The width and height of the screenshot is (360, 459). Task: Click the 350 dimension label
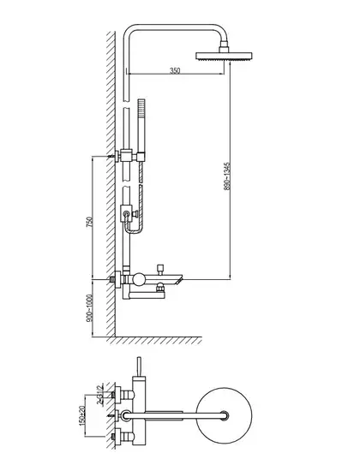[175, 70]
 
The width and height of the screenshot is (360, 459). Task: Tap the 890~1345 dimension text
[227, 176]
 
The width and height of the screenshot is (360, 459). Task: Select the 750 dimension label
[90, 222]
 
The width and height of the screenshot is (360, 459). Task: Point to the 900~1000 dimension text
[90, 308]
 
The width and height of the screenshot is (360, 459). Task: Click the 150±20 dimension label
[82, 415]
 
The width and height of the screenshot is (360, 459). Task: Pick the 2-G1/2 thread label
[100, 395]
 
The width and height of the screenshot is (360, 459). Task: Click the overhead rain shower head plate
[224, 56]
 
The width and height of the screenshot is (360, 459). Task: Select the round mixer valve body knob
[139, 279]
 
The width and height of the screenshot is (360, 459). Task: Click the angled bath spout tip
[178, 279]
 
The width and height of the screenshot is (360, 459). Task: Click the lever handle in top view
[140, 367]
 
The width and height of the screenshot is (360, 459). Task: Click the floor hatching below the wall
[154, 341]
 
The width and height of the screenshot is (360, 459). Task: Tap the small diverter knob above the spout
[160, 269]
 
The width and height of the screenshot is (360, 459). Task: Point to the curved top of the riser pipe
[175, 27]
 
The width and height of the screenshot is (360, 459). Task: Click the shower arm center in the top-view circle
[225, 416]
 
